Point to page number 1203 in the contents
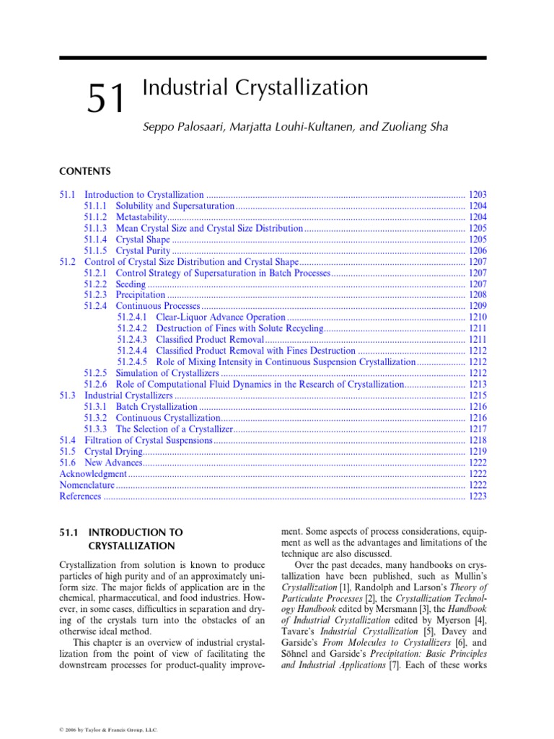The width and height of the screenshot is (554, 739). tap(477, 195)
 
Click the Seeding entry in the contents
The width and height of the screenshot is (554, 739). tap(131, 284)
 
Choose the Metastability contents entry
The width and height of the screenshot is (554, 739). tap(141, 217)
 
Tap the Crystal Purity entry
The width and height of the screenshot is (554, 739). tap(143, 250)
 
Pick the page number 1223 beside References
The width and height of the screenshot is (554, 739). tap(477, 497)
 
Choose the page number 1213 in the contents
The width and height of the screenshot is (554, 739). tap(477, 385)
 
